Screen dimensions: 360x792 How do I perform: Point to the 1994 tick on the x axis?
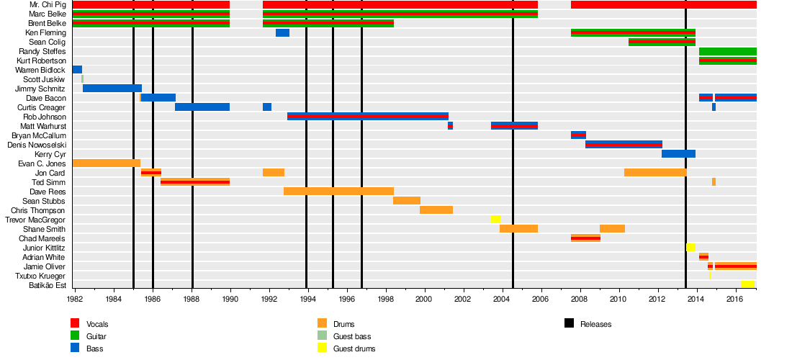click(307, 298)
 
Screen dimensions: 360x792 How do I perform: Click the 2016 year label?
click(734, 298)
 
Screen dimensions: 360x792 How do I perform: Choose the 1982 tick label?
click(74, 298)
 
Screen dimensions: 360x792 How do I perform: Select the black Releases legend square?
click(569, 324)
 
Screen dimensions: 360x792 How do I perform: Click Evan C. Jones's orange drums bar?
click(106, 163)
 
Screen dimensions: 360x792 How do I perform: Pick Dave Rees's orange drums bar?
click(338, 192)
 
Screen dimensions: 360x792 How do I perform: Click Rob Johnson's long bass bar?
click(367, 117)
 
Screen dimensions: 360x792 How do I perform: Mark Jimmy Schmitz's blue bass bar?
click(112, 89)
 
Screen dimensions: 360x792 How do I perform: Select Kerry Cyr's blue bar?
click(678, 154)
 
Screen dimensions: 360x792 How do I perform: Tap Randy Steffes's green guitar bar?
click(727, 52)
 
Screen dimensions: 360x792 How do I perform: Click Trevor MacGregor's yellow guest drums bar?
click(495, 220)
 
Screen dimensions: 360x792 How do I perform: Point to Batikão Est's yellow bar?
click(747, 285)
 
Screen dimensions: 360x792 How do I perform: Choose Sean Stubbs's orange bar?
click(406, 201)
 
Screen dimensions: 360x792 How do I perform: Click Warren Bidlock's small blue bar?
click(77, 70)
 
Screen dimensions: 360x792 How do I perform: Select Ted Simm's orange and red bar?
click(194, 182)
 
